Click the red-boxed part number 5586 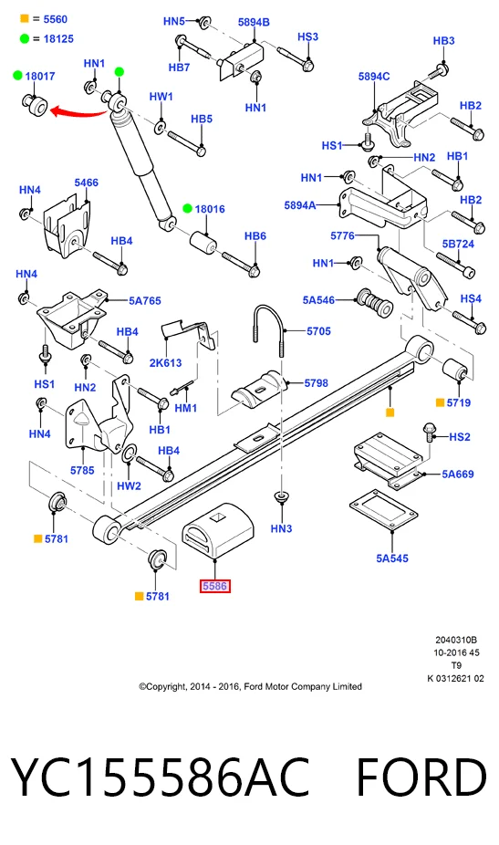(215, 586)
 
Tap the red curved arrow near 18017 (78, 112)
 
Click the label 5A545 (391, 558)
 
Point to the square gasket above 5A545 (384, 509)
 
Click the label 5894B (254, 22)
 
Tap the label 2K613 (165, 362)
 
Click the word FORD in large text (421, 777)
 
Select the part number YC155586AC (161, 777)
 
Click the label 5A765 (144, 301)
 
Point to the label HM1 (186, 408)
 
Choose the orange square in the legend (25, 19)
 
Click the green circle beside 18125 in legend (25, 38)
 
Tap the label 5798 (316, 382)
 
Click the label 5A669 (458, 474)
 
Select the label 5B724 (458, 244)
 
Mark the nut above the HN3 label (280, 496)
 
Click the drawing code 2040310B (456, 640)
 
